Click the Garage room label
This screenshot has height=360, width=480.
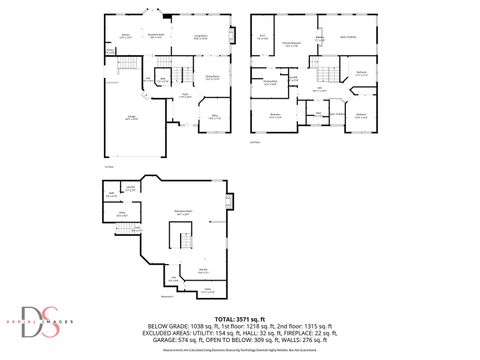pyautogui.click(x=131, y=118)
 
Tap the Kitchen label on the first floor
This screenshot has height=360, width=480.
pyautogui.click(x=126, y=36)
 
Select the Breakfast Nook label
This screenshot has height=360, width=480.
pyautogui.click(x=157, y=35)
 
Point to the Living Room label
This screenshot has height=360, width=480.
pyautogui.click(x=200, y=37)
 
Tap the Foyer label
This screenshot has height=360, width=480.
pyautogui.click(x=185, y=97)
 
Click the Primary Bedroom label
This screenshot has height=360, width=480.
pyautogui.click(x=291, y=44)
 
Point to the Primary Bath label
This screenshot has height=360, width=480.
pyautogui.click(x=320, y=40)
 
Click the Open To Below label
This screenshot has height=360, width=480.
pyautogui.click(x=349, y=37)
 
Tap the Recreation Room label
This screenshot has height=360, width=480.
pyautogui.click(x=183, y=214)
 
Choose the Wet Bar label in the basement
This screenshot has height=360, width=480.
pyautogui.click(x=203, y=270)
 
